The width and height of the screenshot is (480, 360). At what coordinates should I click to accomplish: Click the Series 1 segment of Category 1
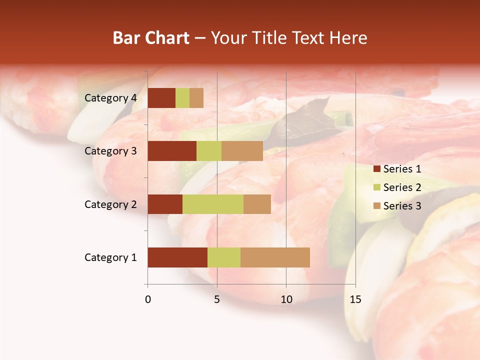[177, 257]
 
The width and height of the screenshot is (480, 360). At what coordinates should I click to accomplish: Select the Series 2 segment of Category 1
[224, 257]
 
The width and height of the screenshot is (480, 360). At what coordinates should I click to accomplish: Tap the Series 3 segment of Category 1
[275, 257]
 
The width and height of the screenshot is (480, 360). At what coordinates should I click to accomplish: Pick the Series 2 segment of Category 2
[213, 204]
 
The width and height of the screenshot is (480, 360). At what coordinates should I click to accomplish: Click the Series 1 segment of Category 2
[165, 204]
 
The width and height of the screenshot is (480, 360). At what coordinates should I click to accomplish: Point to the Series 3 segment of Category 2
[257, 204]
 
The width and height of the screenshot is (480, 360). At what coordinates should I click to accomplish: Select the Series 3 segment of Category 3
[242, 151]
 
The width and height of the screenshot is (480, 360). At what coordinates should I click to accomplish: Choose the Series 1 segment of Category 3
[172, 151]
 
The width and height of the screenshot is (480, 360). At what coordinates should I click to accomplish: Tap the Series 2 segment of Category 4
[182, 98]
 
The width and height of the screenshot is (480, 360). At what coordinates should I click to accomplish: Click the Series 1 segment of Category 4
[161, 98]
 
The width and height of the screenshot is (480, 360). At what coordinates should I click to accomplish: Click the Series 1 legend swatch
[376, 169]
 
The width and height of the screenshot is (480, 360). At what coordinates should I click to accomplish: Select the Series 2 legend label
[402, 187]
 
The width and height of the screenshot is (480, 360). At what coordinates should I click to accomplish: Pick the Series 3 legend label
[402, 206]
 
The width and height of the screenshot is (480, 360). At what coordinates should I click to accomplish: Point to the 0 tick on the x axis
[148, 299]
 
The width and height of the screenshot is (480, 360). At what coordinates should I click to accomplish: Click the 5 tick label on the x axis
[217, 299]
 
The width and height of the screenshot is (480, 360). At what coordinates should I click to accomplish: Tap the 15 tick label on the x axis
[355, 299]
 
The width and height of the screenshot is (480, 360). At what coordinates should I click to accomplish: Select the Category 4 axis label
[110, 98]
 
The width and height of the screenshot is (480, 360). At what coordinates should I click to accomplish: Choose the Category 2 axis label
[110, 204]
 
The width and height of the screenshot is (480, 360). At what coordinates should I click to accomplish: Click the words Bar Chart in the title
[151, 38]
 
